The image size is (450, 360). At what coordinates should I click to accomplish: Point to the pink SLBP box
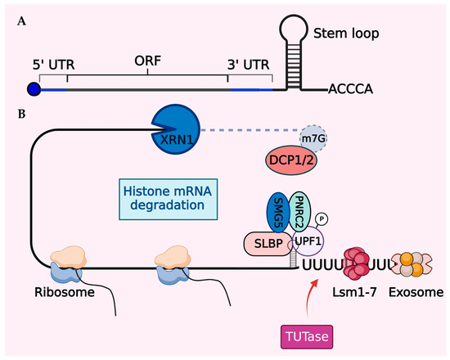click(267, 243)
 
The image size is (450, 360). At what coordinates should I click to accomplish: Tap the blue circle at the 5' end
click(34, 88)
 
